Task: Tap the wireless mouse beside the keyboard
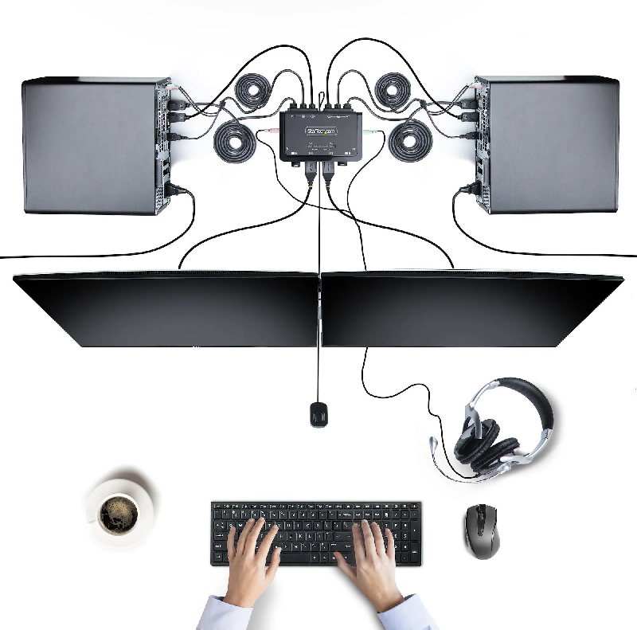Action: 482,531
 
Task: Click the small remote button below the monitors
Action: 318,414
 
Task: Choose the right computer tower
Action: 549,145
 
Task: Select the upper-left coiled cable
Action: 256,91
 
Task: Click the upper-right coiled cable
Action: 393,88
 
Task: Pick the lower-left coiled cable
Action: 235,142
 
